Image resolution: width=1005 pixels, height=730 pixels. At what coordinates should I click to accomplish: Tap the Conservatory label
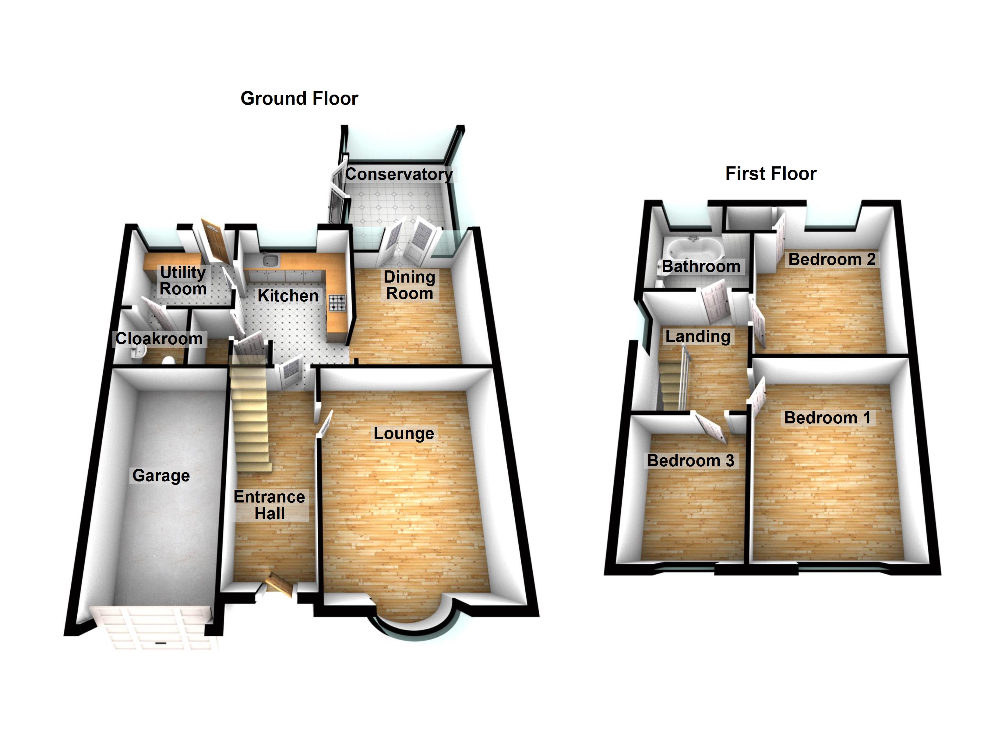coord(399,174)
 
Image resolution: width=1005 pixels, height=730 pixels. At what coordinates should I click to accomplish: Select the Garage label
coord(161,475)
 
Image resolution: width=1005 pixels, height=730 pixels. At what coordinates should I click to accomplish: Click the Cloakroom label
coord(159,339)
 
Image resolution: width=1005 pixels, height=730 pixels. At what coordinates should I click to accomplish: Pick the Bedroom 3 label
coord(691,461)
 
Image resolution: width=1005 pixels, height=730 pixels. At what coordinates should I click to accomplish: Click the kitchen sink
coord(270,260)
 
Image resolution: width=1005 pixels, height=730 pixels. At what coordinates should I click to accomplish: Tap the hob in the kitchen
coord(337,303)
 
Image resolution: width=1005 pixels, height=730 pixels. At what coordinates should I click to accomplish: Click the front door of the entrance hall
coord(280,584)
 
